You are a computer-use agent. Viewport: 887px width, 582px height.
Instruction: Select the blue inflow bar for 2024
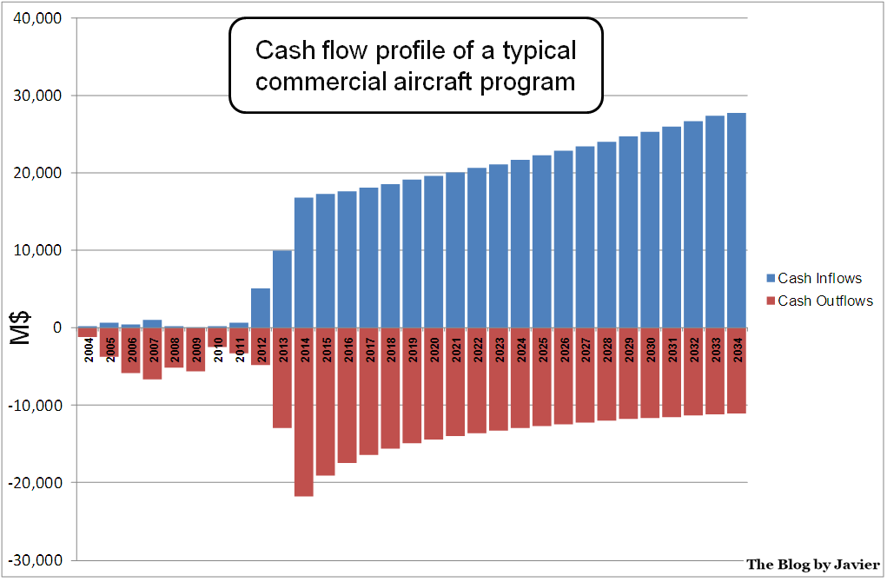pos(520,243)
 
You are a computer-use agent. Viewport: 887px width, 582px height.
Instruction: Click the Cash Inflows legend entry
pos(818,279)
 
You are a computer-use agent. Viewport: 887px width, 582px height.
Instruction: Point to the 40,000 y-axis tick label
pos(38,18)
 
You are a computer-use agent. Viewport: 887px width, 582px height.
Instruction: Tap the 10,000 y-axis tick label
pos(38,250)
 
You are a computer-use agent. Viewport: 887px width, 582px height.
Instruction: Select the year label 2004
pos(89,349)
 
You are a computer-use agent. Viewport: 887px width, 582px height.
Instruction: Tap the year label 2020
pos(434,349)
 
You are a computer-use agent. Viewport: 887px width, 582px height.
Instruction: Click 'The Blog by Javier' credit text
pos(812,565)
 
